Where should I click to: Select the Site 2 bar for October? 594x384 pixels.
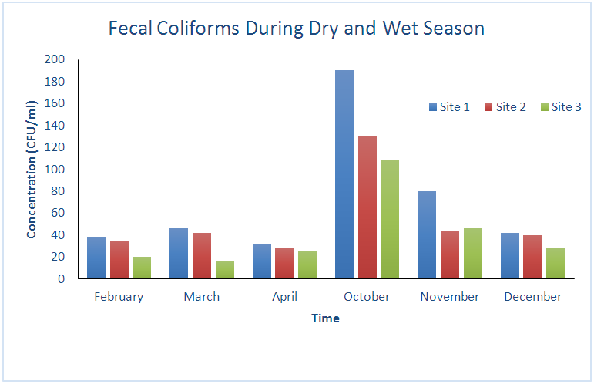tap(367, 207)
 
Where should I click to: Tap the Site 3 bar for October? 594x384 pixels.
tap(390, 219)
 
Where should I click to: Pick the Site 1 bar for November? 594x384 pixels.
tap(427, 234)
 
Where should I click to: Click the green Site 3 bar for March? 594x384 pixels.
tap(224, 270)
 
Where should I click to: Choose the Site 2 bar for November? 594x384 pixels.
tap(450, 254)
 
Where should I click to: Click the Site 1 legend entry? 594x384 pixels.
tap(449, 107)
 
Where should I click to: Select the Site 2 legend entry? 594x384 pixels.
tap(505, 107)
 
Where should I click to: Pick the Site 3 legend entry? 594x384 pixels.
tap(561, 107)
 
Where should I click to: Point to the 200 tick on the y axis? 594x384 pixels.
tap(54, 59)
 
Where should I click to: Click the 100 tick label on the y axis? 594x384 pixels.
tap(54, 169)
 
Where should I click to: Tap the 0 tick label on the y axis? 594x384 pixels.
tap(61, 279)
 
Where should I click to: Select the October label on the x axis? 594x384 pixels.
tap(367, 297)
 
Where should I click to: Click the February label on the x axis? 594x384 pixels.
tap(119, 297)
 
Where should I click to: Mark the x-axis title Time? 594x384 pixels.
tap(325, 318)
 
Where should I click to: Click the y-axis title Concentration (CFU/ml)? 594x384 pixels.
tap(32, 169)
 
